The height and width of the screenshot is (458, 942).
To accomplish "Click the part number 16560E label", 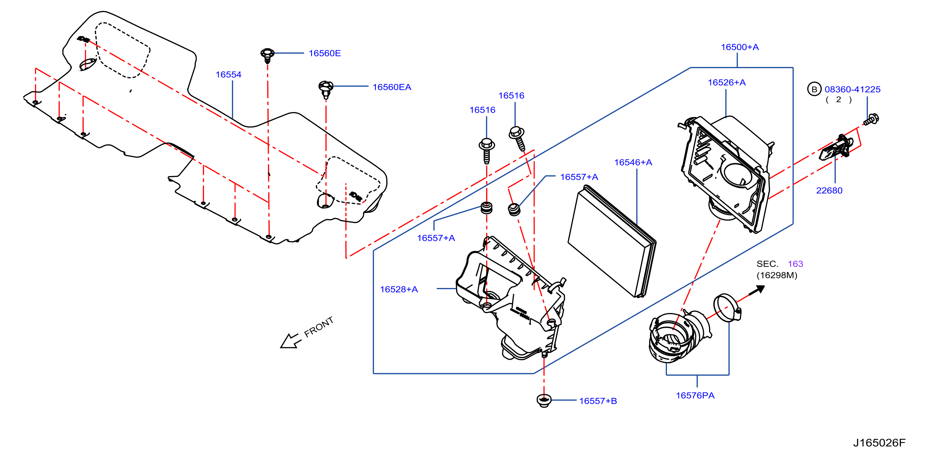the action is point(324,53).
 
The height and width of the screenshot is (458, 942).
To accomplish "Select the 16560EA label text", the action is point(392,87).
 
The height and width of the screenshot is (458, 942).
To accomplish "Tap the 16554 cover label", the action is point(228,75).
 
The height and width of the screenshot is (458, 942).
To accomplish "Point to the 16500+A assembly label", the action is point(740,47).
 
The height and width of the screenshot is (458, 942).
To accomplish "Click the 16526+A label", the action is point(727,83).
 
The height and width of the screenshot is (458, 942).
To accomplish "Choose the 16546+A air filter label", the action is point(633,162).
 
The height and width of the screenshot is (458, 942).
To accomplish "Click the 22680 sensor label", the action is point(829,190).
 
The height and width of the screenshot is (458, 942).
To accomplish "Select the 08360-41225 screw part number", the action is point(852,89).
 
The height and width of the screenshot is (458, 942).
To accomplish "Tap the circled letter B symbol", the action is point(814,89).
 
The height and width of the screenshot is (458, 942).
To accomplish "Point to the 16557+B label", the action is point(598,401).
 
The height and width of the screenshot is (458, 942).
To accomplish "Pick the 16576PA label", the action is point(695,395).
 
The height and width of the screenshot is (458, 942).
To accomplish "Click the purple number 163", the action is point(795,264).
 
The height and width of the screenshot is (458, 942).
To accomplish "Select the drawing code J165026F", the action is point(879,443).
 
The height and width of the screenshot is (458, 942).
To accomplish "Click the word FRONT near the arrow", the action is point(319,327).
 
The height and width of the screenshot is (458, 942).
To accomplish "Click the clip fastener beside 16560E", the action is point(267,55).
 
